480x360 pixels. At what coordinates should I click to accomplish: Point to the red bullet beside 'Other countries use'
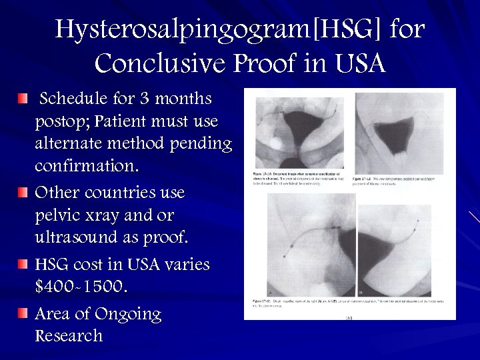23,193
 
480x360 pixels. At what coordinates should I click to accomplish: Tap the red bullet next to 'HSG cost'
23,265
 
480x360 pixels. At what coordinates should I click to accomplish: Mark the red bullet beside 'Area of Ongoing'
23,313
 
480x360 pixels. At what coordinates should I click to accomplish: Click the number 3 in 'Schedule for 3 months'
145,99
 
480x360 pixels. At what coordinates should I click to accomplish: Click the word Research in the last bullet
69,335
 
